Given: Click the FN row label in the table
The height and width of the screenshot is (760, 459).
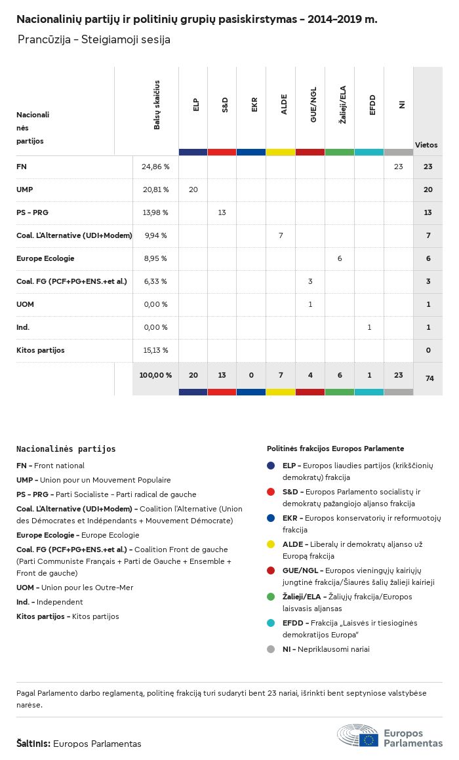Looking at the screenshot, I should [x=22, y=167].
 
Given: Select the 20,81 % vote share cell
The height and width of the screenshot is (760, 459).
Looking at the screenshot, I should [x=155, y=190].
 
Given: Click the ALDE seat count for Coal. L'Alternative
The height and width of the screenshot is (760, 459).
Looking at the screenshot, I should [x=281, y=235].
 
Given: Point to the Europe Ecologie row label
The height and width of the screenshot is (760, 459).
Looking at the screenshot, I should [x=45, y=258].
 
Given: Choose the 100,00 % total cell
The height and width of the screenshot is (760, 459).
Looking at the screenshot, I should [x=155, y=375].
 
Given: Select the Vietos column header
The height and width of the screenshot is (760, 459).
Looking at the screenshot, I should [x=426, y=145].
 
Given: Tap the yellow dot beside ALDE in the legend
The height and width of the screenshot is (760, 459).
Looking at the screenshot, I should [x=271, y=544].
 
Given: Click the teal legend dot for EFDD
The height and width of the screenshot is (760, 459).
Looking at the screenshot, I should [x=271, y=623].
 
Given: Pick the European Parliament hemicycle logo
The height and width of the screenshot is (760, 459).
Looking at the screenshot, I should [x=358, y=736].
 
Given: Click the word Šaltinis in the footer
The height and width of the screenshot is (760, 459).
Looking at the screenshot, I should [x=33, y=744].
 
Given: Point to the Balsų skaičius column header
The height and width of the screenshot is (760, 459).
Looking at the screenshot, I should [x=157, y=105].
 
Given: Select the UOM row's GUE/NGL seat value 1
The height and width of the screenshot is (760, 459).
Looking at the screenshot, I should [x=310, y=304].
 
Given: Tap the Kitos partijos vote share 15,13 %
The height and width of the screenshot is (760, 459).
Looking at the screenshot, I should [x=155, y=350].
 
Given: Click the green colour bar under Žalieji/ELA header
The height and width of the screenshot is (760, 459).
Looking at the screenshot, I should [x=340, y=152].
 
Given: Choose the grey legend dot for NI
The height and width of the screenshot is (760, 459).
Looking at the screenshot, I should [x=271, y=649].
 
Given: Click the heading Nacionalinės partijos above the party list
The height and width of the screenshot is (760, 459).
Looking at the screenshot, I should [x=66, y=449].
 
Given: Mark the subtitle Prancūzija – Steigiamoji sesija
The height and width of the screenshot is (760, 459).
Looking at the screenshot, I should [x=94, y=40].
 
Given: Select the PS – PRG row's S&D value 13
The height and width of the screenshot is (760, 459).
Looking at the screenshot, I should [x=222, y=212].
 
